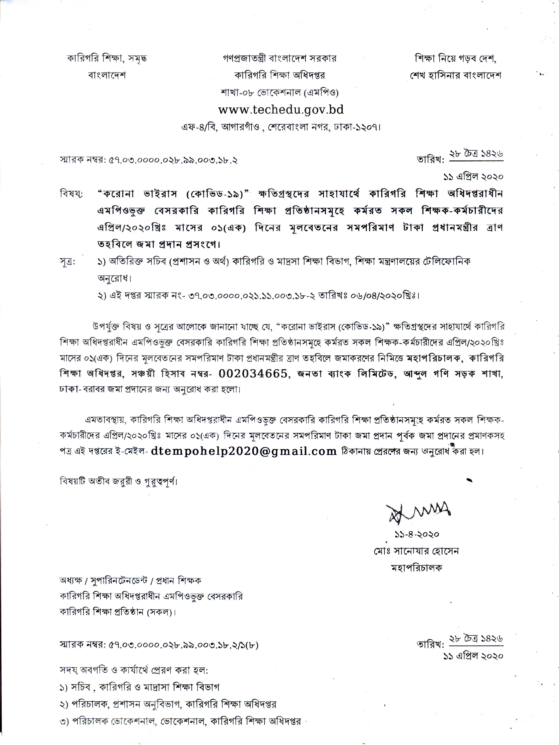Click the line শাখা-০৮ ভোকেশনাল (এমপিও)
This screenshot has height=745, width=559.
pos(279,92)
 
